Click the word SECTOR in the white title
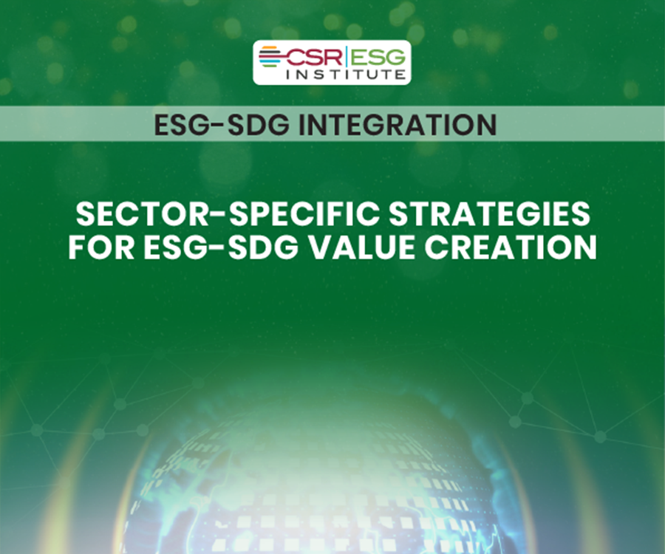[x=131, y=214]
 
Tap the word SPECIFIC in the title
[x=280, y=214]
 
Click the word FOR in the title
[x=97, y=247]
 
